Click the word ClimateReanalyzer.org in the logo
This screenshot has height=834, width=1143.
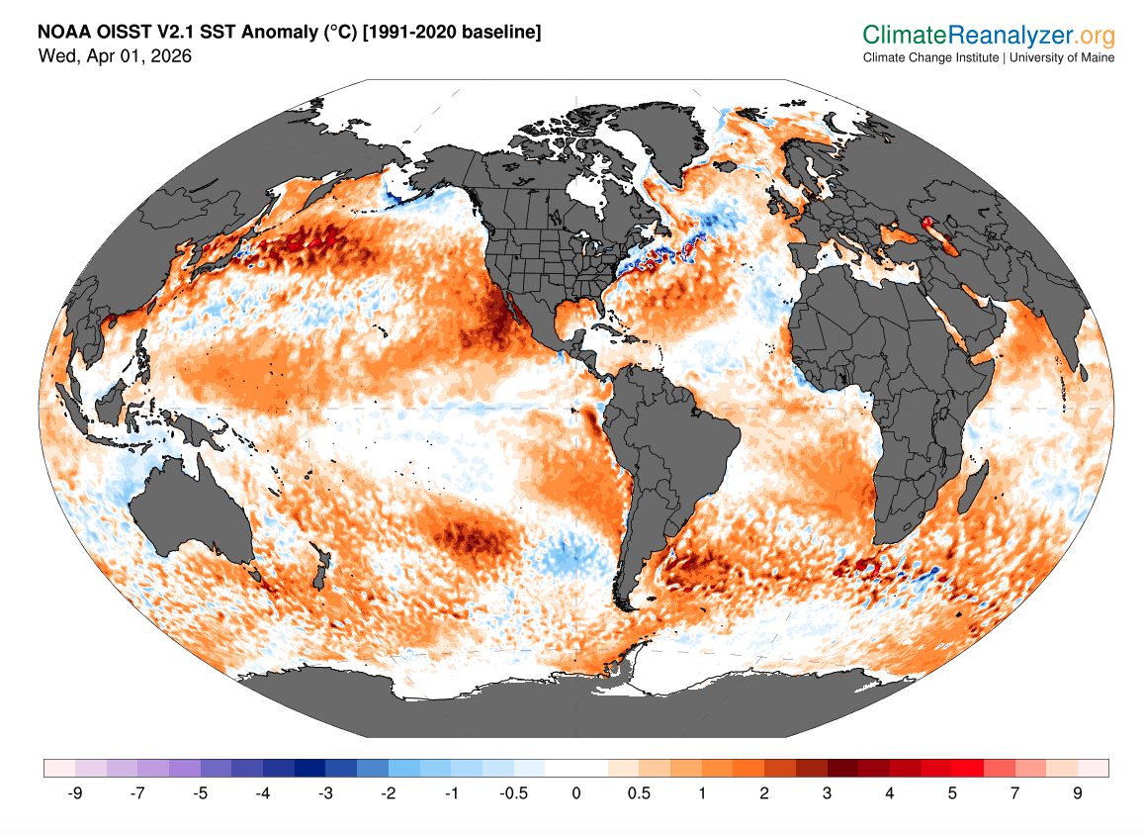coord(989,37)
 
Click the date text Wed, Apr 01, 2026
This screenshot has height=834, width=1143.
coord(115,56)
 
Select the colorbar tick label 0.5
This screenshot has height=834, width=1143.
coord(639,793)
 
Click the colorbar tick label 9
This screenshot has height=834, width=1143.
coord(1077,793)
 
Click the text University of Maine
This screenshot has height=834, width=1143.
coord(1062,57)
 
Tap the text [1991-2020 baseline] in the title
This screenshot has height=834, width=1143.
coord(453,34)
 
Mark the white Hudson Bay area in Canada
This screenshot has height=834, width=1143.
coord(590,192)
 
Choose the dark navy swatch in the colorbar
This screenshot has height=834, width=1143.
coord(310,768)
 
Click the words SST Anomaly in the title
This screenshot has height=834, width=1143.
coord(251,34)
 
